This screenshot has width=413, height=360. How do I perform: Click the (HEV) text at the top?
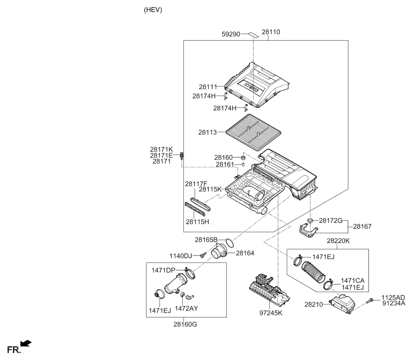pos(153,10)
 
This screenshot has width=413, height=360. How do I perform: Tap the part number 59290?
pos(231,34)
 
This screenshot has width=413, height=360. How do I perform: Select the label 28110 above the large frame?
pos(271,32)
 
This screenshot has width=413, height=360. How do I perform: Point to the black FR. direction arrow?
pos(26,343)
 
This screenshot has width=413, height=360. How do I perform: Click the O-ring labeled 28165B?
pos(229,243)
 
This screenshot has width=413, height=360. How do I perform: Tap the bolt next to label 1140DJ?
pos(203,255)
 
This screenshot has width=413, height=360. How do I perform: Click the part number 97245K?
pos(271,313)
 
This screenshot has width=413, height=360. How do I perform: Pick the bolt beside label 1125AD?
pos(370,300)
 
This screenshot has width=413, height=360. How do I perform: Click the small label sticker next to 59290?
pos(254,35)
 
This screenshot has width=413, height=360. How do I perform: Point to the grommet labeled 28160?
pos(244,158)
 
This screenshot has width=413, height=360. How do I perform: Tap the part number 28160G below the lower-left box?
pos(185,324)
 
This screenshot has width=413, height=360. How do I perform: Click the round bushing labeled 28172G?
pos(310,220)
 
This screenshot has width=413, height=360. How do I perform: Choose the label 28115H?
pos(197,222)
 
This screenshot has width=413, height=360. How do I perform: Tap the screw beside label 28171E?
pos(181,156)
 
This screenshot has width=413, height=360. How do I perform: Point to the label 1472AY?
pos(187,309)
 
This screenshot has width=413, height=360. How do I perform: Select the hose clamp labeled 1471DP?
pos(190,273)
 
